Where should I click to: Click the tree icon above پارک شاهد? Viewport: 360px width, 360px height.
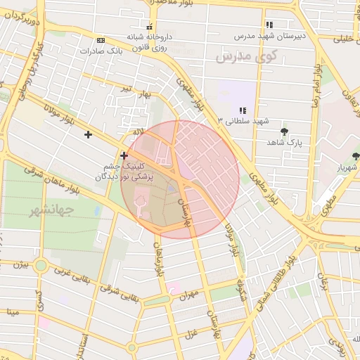click(284, 131)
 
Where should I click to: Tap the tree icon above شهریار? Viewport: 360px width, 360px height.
click(356, 156)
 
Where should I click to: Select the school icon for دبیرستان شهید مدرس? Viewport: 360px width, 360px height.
click(270, 25)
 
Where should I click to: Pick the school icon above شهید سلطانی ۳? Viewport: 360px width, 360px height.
click(243, 110)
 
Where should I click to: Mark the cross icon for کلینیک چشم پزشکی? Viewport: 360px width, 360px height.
click(124, 155)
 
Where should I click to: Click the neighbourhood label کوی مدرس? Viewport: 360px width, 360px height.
click(245, 56)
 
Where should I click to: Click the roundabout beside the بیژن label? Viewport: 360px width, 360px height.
click(41, 266)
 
